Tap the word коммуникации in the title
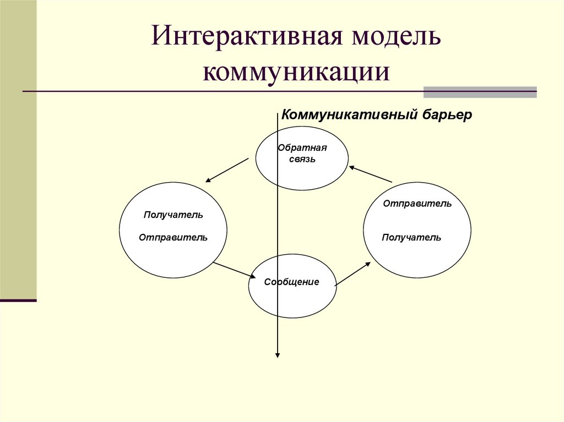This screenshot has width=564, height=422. (296, 73)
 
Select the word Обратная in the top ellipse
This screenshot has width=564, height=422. (302, 147)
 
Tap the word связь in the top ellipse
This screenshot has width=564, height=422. (302, 159)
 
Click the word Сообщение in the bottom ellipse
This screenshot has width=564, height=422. (291, 282)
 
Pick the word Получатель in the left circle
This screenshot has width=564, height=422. (173, 215)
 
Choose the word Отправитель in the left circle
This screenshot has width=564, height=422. (173, 238)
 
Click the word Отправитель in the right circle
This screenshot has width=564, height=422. (417, 204)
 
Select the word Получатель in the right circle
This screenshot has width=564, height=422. (411, 238)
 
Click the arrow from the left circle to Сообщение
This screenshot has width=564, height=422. (235, 271)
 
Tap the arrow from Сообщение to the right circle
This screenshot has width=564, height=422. (353, 273)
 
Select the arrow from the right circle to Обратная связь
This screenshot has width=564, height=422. (370, 174)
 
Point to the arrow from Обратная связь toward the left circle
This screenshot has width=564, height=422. (227, 170)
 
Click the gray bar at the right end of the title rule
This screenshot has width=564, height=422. (480, 92)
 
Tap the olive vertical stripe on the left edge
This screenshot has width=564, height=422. (18, 149)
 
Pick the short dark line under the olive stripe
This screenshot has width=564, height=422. (18, 300)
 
